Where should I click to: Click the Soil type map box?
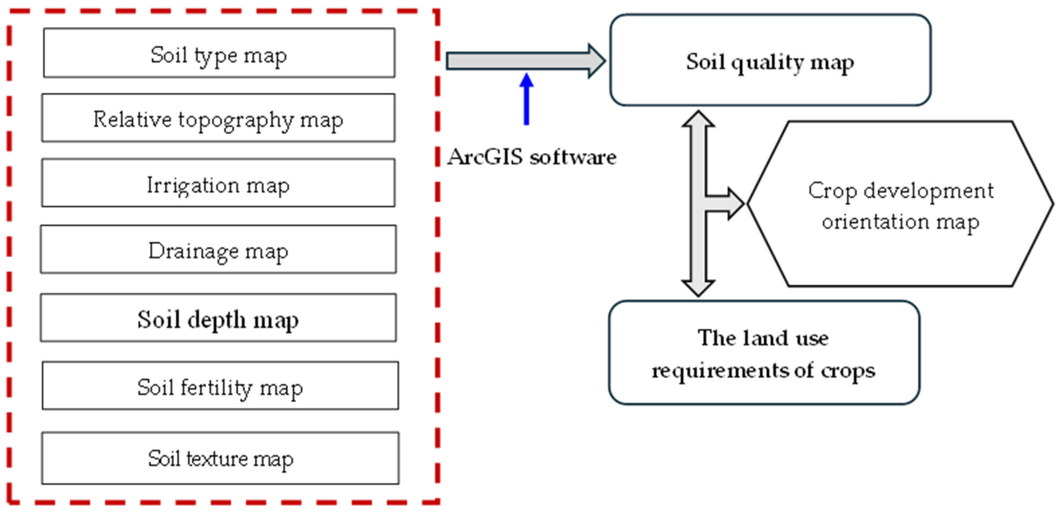(x=219, y=53)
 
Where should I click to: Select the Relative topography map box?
(x=218, y=118)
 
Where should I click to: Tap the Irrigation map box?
(x=218, y=183)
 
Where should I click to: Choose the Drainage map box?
(x=218, y=249)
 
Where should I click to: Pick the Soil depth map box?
(x=218, y=317)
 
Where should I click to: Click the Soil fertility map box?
(x=220, y=386)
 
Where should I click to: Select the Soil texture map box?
(x=220, y=458)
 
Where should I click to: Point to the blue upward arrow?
(x=526, y=99)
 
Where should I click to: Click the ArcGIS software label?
(x=532, y=157)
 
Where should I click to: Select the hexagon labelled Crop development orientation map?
(x=900, y=204)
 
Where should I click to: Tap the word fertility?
(x=216, y=388)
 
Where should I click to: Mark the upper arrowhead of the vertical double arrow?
(x=698, y=119)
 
